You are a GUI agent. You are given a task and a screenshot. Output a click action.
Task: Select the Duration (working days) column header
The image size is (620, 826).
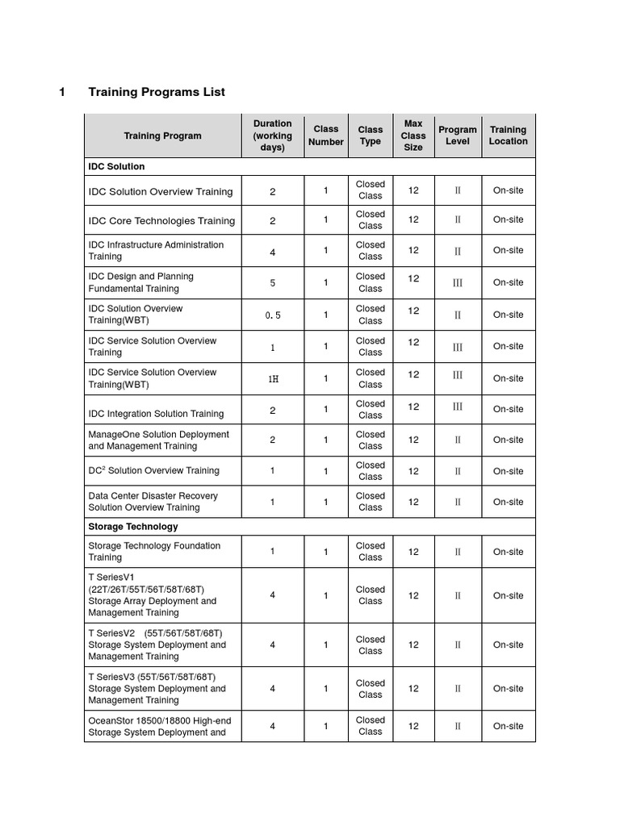tap(273, 136)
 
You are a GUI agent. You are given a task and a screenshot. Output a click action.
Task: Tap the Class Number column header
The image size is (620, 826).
tap(326, 136)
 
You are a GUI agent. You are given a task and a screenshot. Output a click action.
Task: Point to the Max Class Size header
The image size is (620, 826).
tap(413, 136)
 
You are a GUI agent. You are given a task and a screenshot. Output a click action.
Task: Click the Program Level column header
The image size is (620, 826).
tap(458, 136)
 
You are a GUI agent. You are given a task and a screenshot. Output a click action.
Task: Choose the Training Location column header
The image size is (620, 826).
tap(508, 136)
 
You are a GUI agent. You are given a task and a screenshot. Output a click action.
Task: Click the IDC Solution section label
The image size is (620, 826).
tap(116, 166)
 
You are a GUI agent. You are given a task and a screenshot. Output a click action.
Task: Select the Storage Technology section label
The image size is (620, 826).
tap(133, 526)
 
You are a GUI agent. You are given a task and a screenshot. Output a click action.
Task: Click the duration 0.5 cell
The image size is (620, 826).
tap(273, 315)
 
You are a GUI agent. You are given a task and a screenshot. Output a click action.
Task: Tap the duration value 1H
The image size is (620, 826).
tap(273, 378)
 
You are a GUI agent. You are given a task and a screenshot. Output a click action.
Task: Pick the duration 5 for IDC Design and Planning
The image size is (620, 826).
tap(273, 283)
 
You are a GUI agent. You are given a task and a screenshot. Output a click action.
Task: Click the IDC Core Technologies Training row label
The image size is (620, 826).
tap(161, 220)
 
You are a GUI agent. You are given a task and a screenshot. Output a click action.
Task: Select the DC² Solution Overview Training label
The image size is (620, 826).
tap(153, 470)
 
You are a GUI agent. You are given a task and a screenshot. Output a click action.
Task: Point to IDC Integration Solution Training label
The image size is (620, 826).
tap(156, 413)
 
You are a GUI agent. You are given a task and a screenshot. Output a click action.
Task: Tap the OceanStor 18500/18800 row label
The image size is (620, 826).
tap(157, 726)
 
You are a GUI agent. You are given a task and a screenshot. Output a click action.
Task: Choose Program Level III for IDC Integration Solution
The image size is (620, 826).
tap(458, 407)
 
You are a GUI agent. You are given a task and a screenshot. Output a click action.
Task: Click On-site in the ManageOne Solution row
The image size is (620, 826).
tap(508, 440)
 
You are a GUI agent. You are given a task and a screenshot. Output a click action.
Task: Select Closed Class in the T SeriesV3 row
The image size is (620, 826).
tap(371, 688)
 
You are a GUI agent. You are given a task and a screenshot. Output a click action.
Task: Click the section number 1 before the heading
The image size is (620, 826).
tap(62, 92)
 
